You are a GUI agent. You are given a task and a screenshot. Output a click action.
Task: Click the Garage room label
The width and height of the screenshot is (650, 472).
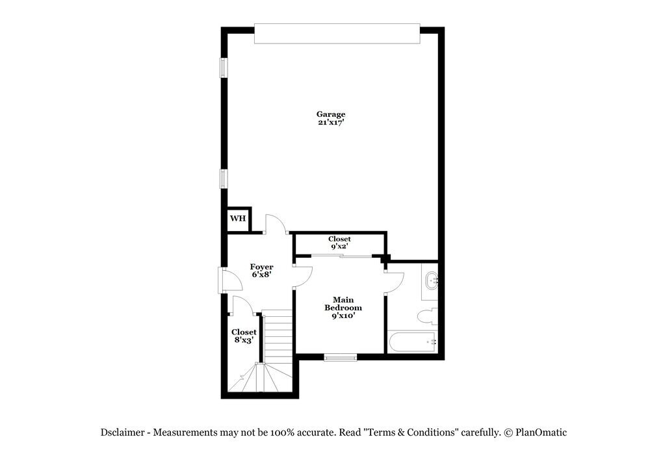coord(331,114)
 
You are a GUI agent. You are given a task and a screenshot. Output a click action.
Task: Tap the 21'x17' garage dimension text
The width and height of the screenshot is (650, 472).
coord(331,123)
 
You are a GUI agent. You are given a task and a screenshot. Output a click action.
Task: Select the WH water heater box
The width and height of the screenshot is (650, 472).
coord(238,219)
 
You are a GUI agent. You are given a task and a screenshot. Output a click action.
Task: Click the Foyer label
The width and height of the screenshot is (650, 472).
coord(262,267)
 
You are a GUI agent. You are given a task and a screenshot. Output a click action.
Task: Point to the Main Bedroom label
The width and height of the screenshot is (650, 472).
coord(343,303)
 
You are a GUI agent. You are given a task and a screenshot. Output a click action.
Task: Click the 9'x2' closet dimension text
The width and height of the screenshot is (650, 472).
coord(340,247)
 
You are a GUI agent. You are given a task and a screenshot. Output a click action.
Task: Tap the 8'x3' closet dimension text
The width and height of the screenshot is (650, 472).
coord(244,340)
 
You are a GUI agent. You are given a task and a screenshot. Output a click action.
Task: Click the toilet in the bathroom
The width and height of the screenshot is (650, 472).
coord(428,317)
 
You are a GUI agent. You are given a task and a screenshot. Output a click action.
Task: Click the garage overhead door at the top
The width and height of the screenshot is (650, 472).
coord(337,34)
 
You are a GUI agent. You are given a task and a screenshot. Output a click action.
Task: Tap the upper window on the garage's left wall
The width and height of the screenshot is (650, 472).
coord(223,68)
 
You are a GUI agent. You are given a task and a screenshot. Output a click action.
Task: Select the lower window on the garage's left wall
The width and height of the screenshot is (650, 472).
coord(223,179)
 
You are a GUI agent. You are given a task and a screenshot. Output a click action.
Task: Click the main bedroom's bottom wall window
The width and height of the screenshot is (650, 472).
coord(341,356)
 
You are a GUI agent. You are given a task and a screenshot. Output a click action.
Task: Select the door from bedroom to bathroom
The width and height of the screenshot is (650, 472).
coord(395,282)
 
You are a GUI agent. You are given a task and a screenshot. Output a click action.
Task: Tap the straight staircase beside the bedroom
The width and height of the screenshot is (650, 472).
coord(278,336)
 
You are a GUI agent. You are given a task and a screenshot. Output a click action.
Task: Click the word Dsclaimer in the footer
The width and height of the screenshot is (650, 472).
coord(123,432)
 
